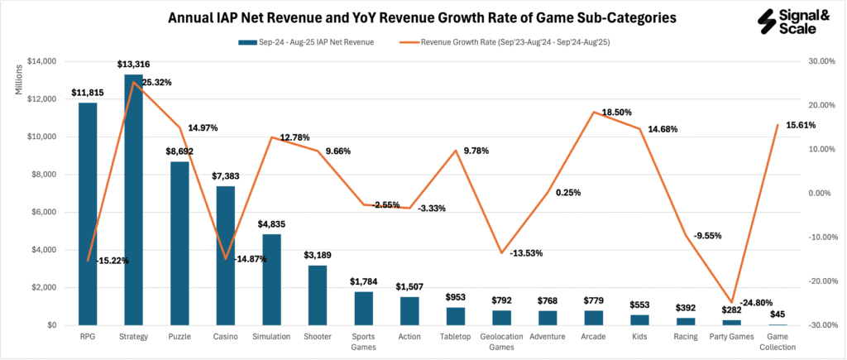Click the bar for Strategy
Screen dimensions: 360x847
pyautogui.click(x=133, y=199)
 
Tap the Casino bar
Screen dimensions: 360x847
pyautogui.click(x=226, y=256)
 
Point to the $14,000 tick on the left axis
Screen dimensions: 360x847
pyautogui.click(x=39, y=61)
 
